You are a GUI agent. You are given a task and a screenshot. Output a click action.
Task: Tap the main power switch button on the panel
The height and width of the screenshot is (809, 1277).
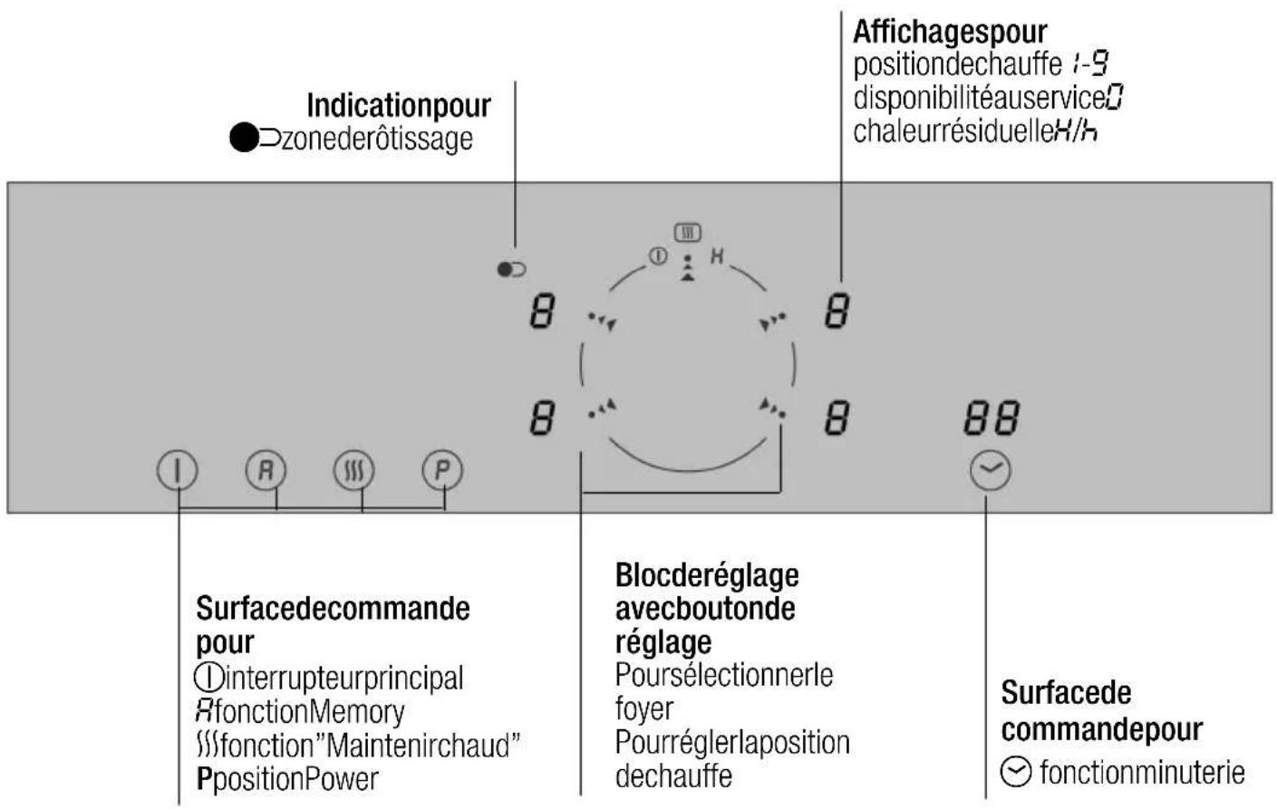tap(178, 470)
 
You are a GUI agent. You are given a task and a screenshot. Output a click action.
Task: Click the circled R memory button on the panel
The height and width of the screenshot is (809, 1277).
tap(266, 470)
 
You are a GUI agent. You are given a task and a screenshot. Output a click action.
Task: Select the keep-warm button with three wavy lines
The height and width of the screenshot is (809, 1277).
tap(354, 470)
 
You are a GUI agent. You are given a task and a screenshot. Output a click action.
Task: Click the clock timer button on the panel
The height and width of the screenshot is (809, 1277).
tap(991, 471)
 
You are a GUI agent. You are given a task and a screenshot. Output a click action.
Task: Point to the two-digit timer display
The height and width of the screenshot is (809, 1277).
tap(992, 419)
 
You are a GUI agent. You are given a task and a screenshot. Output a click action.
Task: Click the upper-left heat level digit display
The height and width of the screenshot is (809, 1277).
tap(543, 312)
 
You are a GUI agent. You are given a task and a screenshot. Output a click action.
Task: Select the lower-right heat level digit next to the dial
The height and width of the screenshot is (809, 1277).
tap(837, 419)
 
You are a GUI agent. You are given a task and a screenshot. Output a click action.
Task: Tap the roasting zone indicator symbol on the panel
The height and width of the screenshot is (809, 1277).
tap(511, 269)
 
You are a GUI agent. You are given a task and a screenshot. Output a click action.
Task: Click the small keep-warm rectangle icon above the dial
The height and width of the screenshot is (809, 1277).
tap(688, 233)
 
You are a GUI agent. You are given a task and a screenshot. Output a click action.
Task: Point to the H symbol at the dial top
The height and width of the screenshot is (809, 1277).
tap(717, 256)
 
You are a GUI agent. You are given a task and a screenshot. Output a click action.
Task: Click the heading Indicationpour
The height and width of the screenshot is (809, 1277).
tap(399, 106)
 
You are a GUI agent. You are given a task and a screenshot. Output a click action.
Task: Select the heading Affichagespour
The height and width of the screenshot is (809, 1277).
tap(950, 32)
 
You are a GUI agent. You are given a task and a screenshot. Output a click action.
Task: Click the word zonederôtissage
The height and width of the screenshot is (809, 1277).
tap(377, 139)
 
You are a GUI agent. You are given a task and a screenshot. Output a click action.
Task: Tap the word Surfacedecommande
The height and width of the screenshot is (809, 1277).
tap(333, 609)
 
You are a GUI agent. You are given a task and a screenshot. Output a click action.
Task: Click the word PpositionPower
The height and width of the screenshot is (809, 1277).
tap(287, 779)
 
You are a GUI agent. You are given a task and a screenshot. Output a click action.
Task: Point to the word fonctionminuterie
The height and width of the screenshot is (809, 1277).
tap(1143, 773)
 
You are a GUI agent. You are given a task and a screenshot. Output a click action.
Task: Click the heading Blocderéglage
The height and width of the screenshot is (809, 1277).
tap(707, 575)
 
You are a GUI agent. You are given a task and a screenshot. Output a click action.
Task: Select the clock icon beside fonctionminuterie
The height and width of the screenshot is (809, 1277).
tap(1016, 773)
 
